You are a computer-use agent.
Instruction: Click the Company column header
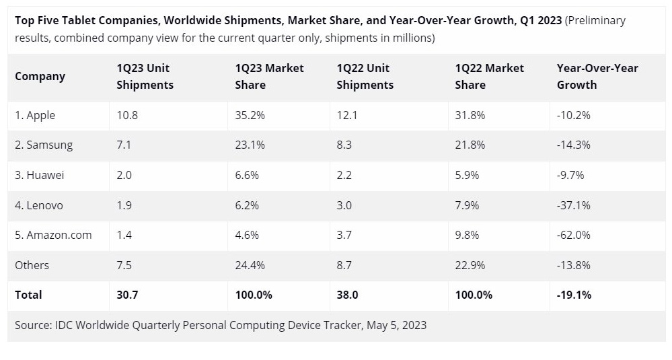tap(40, 76)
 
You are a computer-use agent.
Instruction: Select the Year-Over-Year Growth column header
tap(597, 76)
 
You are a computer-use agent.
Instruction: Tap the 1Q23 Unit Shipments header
tap(145, 76)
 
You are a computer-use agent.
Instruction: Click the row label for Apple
tap(35, 115)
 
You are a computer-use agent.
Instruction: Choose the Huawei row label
tap(40, 175)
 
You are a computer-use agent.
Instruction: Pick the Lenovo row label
tap(39, 205)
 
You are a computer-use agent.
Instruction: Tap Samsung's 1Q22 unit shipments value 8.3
tap(344, 145)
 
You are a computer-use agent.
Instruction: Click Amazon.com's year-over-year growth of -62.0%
tap(574, 235)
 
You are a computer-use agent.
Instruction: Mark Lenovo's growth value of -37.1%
tap(573, 205)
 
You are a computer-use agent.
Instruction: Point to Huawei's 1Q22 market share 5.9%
tap(467, 175)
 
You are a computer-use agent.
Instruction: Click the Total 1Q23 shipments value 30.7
tap(127, 295)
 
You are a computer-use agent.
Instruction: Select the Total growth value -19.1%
tap(574, 295)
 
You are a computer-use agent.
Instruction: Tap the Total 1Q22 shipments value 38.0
tap(347, 295)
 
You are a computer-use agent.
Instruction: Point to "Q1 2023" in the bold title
tap(542, 20)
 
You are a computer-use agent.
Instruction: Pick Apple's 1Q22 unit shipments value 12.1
tap(346, 115)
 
